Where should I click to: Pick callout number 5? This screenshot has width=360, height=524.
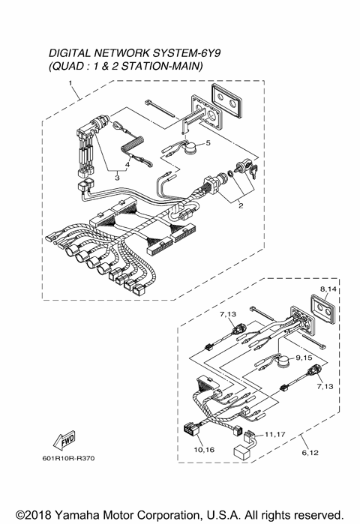coord(208,142)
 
